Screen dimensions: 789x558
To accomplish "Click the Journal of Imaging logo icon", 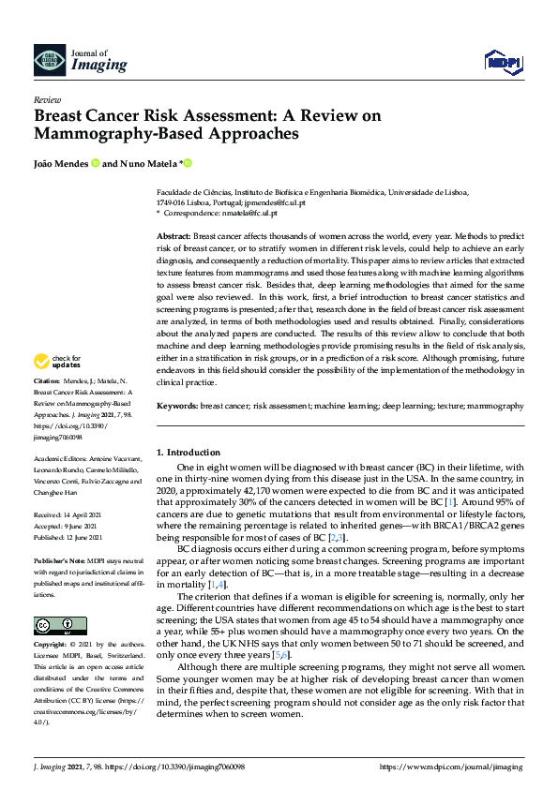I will click(50, 61).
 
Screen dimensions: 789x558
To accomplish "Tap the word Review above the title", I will click(47, 98).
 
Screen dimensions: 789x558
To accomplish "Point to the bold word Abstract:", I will click(173, 237).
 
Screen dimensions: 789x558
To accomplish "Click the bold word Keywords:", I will click(177, 406).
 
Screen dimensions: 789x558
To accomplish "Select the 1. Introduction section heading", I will click(189, 452).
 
